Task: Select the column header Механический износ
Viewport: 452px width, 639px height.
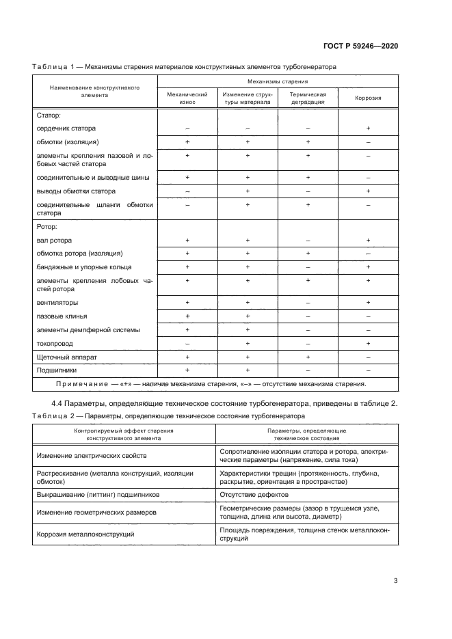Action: [187, 98]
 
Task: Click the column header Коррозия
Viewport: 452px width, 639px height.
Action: [368, 98]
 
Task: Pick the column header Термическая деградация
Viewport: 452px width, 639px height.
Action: [307, 98]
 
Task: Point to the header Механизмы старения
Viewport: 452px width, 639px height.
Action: [277, 81]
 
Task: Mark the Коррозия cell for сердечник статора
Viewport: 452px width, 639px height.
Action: [368, 128]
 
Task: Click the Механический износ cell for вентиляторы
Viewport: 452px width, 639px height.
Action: [187, 302]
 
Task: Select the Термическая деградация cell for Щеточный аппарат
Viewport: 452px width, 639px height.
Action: [307, 357]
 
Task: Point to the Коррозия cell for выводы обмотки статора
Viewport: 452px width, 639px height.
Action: [368, 191]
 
